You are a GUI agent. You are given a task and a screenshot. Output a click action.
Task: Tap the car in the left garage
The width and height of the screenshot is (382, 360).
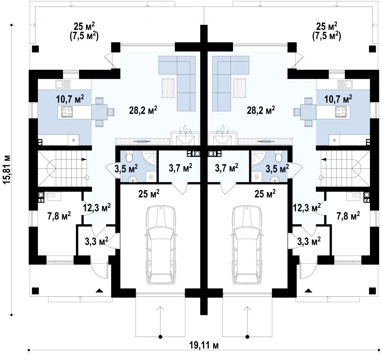point(161,245)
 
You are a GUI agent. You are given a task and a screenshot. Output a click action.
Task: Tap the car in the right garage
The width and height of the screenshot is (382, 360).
point(247,245)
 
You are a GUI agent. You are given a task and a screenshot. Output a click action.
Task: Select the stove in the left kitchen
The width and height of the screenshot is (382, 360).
point(67,112)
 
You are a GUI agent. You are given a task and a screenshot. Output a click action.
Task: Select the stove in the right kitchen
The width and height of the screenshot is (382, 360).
point(341,112)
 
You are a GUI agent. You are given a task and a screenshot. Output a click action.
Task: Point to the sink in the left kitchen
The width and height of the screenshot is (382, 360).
point(63,85)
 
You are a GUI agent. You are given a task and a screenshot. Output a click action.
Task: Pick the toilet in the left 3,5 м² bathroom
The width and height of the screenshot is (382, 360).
point(129,156)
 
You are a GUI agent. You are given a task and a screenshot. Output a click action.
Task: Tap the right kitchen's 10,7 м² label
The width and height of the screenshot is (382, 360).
point(338,99)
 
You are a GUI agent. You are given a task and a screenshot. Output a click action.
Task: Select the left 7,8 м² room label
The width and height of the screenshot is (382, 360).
point(59,216)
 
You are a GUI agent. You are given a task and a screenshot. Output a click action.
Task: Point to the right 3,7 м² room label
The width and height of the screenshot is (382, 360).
point(226,168)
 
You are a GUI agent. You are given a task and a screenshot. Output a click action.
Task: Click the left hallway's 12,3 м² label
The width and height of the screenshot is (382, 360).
point(97,208)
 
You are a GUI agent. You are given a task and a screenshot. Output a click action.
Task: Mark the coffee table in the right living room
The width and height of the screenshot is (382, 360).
point(240,88)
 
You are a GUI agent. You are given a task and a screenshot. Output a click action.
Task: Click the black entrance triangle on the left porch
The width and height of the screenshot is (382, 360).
point(100,290)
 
